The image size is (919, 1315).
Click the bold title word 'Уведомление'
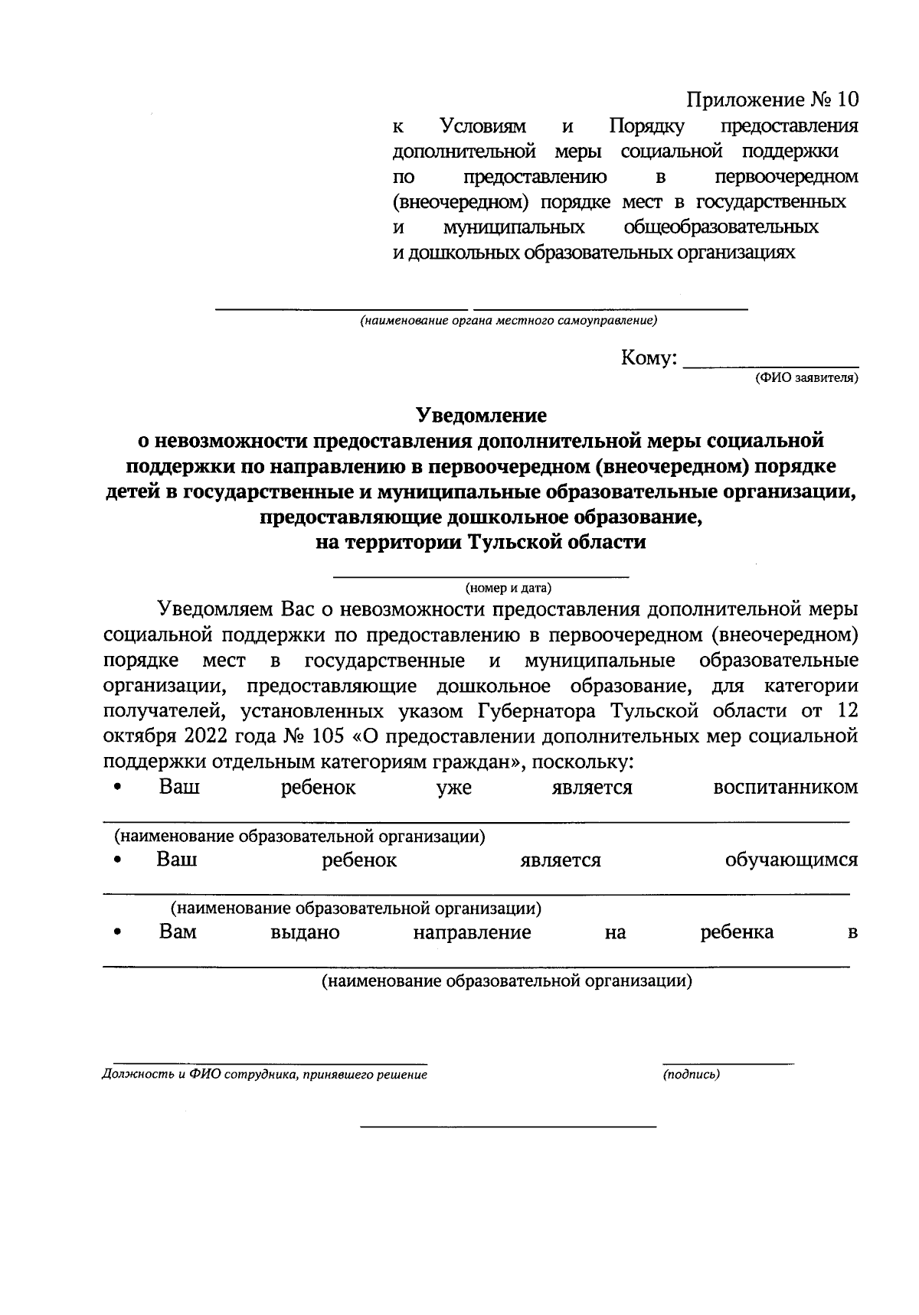pos(482,415)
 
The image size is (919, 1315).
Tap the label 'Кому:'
pos(649,358)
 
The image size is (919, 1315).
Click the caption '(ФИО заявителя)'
pos(806,377)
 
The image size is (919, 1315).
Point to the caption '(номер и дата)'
pos(508,588)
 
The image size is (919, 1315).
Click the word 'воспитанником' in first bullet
pos(785,788)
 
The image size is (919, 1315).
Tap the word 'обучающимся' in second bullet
pos(791,860)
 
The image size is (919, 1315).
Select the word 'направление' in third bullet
pos(472,932)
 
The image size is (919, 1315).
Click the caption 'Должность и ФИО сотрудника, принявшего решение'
pos(264,1074)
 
